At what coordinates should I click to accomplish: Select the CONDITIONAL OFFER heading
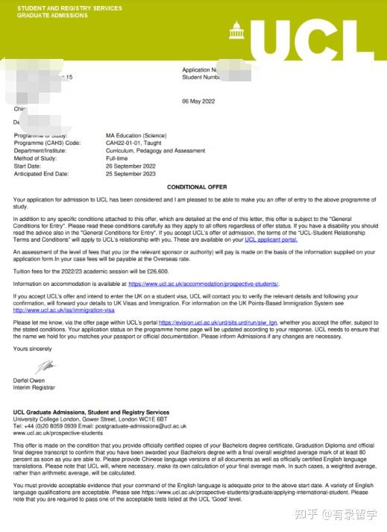[197, 187]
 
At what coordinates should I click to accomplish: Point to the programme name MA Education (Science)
[136, 136]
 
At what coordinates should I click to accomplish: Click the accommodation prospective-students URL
[204, 284]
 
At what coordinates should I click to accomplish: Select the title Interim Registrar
[34, 388]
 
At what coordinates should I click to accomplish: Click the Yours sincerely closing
[33, 349]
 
